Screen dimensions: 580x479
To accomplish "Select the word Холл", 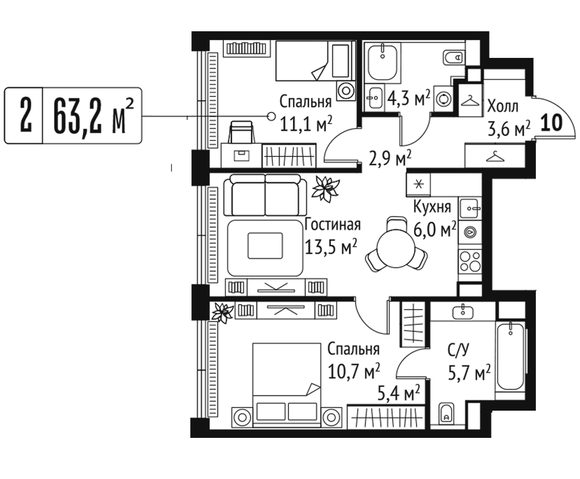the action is [503, 107].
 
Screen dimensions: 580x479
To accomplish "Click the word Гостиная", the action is [332, 225].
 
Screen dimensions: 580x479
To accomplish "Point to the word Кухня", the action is [432, 207].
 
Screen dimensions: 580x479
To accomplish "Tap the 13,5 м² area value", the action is [331, 246].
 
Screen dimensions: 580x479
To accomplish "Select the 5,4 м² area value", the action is [398, 394].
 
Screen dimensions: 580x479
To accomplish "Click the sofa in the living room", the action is [265, 195].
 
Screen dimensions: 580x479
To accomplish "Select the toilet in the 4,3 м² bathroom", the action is [454, 57].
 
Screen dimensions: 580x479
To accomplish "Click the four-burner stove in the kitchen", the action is [470, 261].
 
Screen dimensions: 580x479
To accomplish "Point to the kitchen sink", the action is [470, 209].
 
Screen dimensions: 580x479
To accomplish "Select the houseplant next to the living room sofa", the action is [325, 189].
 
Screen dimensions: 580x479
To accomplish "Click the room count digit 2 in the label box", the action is [25, 116].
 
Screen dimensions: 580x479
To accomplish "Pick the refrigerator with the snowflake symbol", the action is [419, 184].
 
